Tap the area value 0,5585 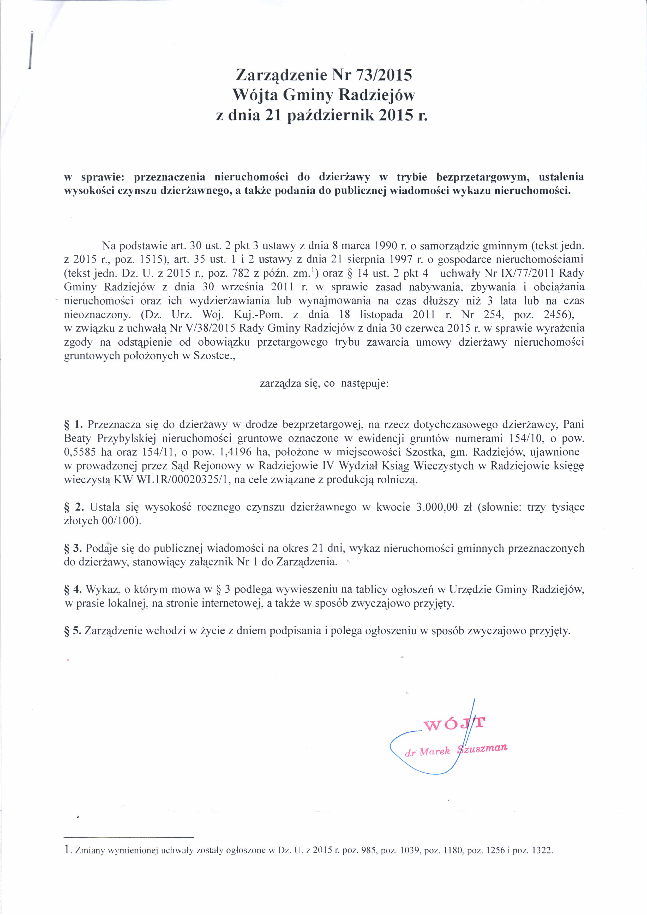tap(80, 452)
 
